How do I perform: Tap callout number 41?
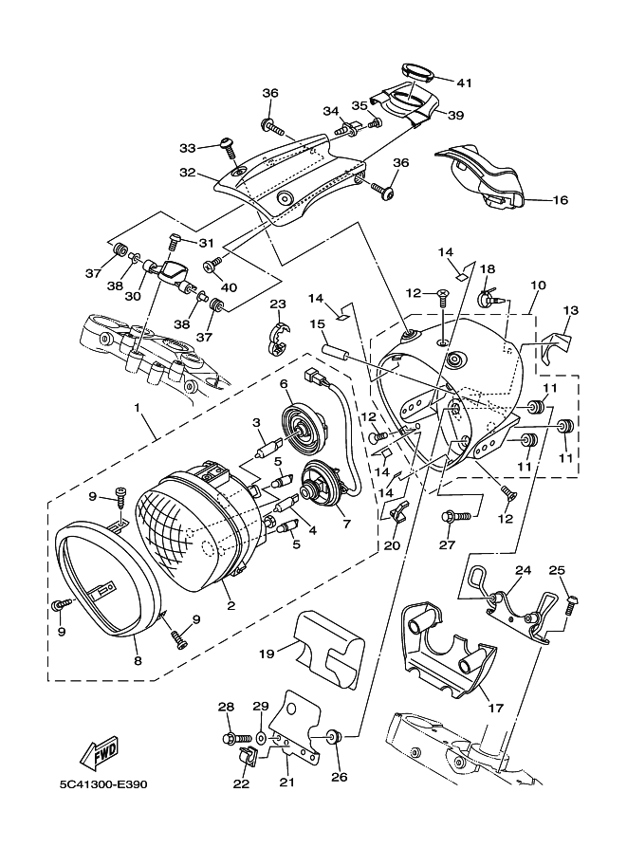click(x=463, y=83)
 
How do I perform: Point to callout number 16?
click(x=560, y=200)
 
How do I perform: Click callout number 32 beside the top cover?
click(x=187, y=174)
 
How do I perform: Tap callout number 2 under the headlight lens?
click(x=230, y=603)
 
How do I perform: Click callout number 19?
click(x=266, y=653)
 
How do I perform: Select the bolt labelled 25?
click(x=570, y=604)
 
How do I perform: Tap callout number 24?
click(x=523, y=571)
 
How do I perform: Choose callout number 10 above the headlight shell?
click(x=538, y=285)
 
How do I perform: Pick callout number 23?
click(x=277, y=304)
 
